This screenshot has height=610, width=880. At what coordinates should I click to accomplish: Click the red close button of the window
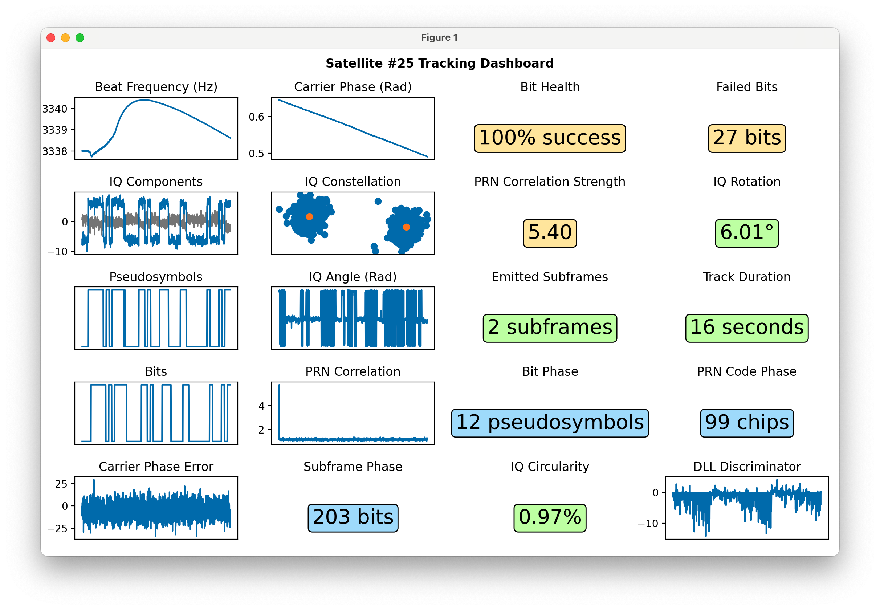51,37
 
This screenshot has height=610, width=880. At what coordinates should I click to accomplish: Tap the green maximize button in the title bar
80,37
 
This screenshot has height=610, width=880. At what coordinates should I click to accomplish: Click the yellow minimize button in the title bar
65,37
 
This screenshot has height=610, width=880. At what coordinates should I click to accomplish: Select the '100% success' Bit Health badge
550,138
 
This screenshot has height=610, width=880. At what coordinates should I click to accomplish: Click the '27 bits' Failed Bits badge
747,138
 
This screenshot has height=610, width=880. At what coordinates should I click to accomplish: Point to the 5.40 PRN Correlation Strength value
550,233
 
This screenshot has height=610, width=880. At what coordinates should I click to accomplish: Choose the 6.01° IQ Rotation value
747,233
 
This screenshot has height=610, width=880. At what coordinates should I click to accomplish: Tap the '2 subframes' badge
550,328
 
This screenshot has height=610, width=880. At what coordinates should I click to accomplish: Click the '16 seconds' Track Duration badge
747,328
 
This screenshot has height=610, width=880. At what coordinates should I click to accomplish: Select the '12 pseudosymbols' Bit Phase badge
550,423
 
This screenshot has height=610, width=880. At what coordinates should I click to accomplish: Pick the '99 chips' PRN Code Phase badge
747,423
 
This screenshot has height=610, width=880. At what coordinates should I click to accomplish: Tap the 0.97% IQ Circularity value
550,517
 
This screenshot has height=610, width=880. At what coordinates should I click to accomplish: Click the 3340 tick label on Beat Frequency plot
55,109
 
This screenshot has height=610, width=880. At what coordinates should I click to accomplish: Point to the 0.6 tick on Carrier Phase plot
256,117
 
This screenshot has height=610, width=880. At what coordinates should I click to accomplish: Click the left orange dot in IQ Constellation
310,216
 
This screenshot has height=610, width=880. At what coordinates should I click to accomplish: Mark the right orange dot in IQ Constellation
406,227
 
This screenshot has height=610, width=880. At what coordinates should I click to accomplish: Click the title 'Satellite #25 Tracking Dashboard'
439,63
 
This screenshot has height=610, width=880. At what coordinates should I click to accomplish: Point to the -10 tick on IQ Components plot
57,252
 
